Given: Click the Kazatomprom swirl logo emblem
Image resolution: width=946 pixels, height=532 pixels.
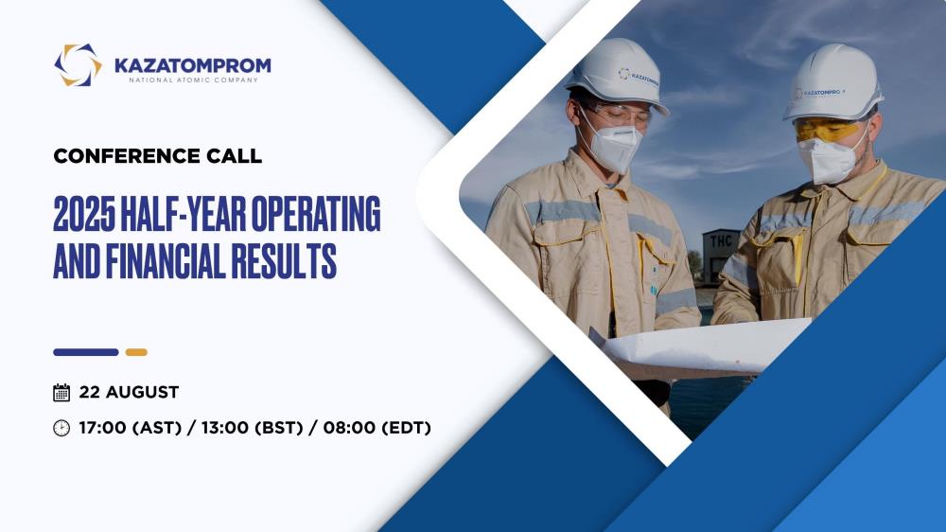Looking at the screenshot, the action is (x=78, y=65).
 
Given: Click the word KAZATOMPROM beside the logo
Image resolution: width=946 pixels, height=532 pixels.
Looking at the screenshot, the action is (x=193, y=65).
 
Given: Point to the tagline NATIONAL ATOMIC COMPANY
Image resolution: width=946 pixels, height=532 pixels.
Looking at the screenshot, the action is (x=193, y=80).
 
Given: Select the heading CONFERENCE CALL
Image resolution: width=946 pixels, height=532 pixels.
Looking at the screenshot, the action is (x=157, y=156).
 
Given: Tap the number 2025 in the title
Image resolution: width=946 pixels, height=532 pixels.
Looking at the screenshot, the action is (x=84, y=214).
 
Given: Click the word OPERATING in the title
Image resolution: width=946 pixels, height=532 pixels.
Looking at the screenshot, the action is (x=316, y=214).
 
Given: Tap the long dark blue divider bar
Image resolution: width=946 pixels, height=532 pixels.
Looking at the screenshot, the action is (x=86, y=352).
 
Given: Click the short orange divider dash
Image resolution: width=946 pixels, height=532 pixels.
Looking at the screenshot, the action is (x=136, y=352).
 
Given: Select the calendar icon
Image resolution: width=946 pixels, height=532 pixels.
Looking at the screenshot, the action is (x=61, y=393).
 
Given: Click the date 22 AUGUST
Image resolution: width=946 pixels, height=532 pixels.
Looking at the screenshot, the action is (x=129, y=393).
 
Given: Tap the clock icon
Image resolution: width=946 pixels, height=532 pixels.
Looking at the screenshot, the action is (x=61, y=428).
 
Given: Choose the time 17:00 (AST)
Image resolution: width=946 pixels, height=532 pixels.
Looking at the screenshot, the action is (x=131, y=428).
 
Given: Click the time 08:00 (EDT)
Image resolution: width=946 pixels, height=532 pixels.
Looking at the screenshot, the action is (x=377, y=428).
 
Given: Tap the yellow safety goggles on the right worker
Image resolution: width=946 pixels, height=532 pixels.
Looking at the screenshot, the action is (x=828, y=130).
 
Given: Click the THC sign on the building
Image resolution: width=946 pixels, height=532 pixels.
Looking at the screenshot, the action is (x=721, y=241).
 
